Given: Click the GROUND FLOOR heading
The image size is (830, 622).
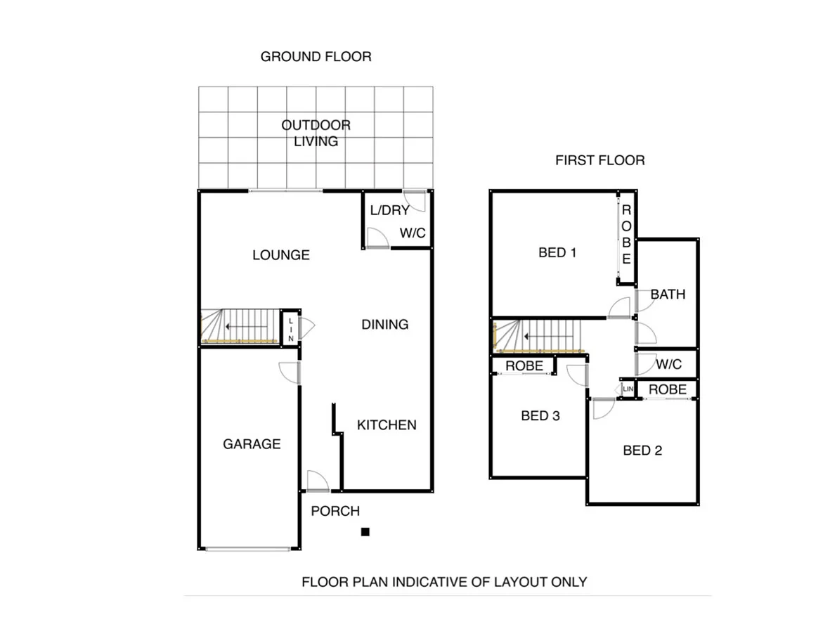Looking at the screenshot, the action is click(x=316, y=56).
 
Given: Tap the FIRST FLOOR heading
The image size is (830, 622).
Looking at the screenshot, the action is click(x=599, y=160).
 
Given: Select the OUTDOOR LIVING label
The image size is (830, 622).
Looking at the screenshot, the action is click(x=316, y=134).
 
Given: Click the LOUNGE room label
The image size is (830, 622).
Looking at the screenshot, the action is click(x=281, y=254).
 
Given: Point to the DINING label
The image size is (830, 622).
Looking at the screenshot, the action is click(x=384, y=324).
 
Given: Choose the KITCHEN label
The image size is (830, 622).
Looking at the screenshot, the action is click(x=387, y=425).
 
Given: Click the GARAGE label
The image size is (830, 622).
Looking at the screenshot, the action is click(x=252, y=443).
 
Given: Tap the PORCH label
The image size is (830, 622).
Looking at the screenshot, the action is click(x=335, y=511).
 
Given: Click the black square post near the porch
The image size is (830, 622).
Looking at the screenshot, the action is click(x=365, y=532).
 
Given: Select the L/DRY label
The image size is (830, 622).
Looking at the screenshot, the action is click(x=389, y=210).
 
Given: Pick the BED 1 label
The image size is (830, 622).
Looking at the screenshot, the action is click(x=557, y=252).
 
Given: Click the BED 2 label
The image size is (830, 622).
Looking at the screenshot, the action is click(x=642, y=450).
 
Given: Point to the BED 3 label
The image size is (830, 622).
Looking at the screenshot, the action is click(x=540, y=415).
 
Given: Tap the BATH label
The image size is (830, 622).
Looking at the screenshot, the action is click(x=668, y=294).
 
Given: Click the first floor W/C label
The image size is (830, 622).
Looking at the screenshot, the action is click(x=668, y=365).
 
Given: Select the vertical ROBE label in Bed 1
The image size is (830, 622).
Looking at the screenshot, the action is click(x=626, y=235).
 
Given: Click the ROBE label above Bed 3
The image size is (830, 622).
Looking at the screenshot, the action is click(x=524, y=365).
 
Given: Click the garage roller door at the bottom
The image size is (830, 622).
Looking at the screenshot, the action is click(x=248, y=548).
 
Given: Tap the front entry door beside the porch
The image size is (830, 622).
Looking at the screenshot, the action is click(x=318, y=481).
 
